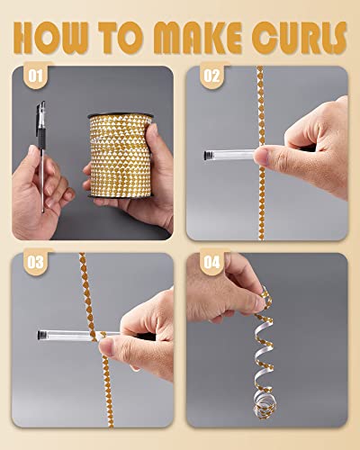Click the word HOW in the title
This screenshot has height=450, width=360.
click(51, 38)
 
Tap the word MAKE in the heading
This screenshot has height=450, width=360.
click(198, 38)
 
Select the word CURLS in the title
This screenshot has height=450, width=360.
click(299, 38)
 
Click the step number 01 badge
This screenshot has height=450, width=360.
click(36, 76)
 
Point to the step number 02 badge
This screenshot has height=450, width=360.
click(212, 76)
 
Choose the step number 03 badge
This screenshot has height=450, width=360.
click(36, 262)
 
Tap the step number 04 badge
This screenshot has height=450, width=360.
click(212, 262)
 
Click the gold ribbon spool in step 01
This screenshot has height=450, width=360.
click(121, 156)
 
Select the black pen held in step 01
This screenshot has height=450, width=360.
click(41, 157)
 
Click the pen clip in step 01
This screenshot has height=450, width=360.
click(40, 115)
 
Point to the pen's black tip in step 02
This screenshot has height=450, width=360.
click(207, 155)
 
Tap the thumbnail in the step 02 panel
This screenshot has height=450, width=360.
click(260, 157)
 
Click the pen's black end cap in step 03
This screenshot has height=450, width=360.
click(40, 335)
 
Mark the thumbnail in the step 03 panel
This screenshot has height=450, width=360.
click(105, 346)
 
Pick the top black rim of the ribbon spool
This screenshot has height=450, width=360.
click(121, 115)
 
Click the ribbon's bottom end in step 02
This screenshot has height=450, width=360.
click(261, 238)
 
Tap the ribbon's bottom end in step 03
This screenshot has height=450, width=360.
click(111, 426)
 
